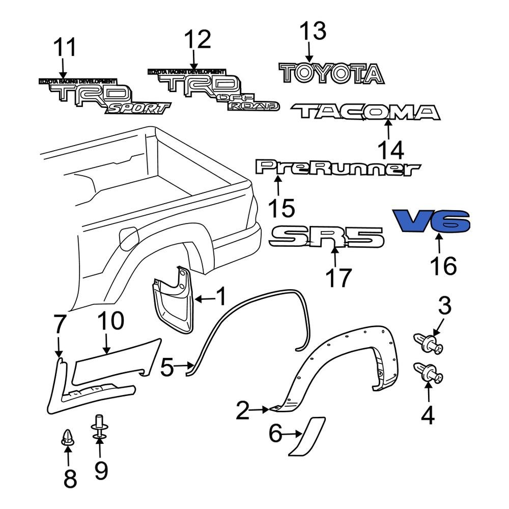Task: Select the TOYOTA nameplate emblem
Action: (x=331, y=74)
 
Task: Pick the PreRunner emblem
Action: (x=338, y=168)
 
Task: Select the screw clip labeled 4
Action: (x=428, y=373)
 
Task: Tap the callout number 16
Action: (x=443, y=266)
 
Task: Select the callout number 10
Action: (x=110, y=322)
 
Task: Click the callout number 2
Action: (x=243, y=410)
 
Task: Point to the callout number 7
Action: (x=60, y=324)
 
